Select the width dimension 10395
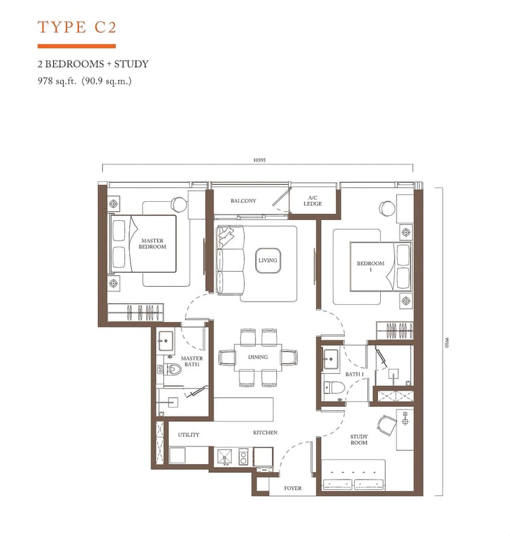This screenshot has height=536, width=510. point(258,160)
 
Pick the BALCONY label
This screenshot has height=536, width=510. point(243,200)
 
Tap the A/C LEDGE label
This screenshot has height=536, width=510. point(313,201)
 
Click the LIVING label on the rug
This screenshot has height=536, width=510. point(267,260)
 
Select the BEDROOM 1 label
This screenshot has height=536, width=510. point(371,266)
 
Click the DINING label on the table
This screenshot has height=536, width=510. point(258,357)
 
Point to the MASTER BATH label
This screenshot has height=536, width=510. point(192,361)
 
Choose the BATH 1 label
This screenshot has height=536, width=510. point(354,374)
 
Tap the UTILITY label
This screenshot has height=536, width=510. point(188,435)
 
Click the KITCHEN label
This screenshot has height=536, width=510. point(266,432)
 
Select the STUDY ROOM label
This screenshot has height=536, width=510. point(359,440)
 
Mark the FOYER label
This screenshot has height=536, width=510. point(292,488)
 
